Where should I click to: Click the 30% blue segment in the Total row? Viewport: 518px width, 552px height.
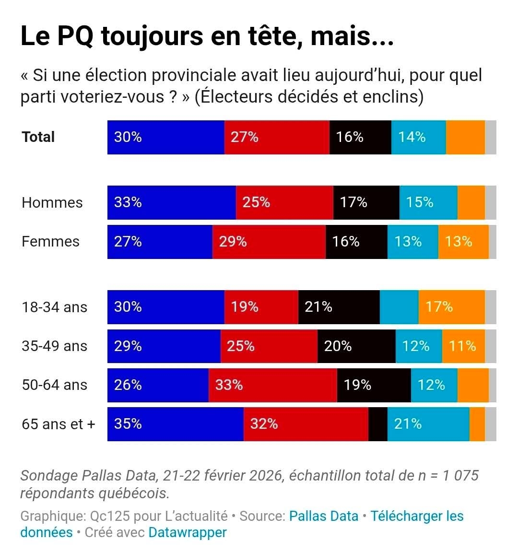[x=166, y=137]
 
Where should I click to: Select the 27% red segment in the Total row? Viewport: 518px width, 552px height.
[x=277, y=137]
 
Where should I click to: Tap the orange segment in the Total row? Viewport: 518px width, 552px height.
[x=465, y=137]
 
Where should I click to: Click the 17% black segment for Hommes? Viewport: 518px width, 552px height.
[x=366, y=202]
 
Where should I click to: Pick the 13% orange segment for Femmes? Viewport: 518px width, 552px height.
[x=463, y=242]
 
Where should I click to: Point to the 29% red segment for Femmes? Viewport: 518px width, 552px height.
[x=269, y=242]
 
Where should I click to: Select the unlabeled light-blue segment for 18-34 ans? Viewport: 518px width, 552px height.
[x=399, y=307]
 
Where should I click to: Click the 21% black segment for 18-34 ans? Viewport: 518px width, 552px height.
[x=339, y=307]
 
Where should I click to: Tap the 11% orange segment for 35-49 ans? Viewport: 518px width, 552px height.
[x=463, y=346]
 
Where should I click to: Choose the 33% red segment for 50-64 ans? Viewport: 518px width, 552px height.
[x=272, y=385]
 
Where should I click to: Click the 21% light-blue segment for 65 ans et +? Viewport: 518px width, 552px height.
[x=428, y=424]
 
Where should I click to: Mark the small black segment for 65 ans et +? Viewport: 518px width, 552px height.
[x=377, y=424]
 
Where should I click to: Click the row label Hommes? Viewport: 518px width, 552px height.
[x=52, y=203]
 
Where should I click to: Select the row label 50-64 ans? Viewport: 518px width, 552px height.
[x=54, y=385]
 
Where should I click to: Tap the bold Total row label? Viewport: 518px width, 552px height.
[x=38, y=137]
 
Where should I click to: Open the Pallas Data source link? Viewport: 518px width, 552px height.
[x=324, y=516]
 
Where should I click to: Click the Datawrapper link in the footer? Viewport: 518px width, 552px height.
[x=187, y=532]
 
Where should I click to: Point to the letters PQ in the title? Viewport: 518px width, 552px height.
[x=75, y=36]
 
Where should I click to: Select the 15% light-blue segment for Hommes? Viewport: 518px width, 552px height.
[x=428, y=202]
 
